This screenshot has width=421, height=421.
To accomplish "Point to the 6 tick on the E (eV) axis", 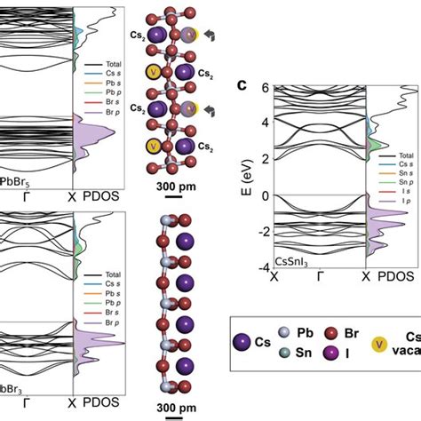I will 264,88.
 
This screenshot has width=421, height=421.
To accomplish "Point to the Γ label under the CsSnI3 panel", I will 318,278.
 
